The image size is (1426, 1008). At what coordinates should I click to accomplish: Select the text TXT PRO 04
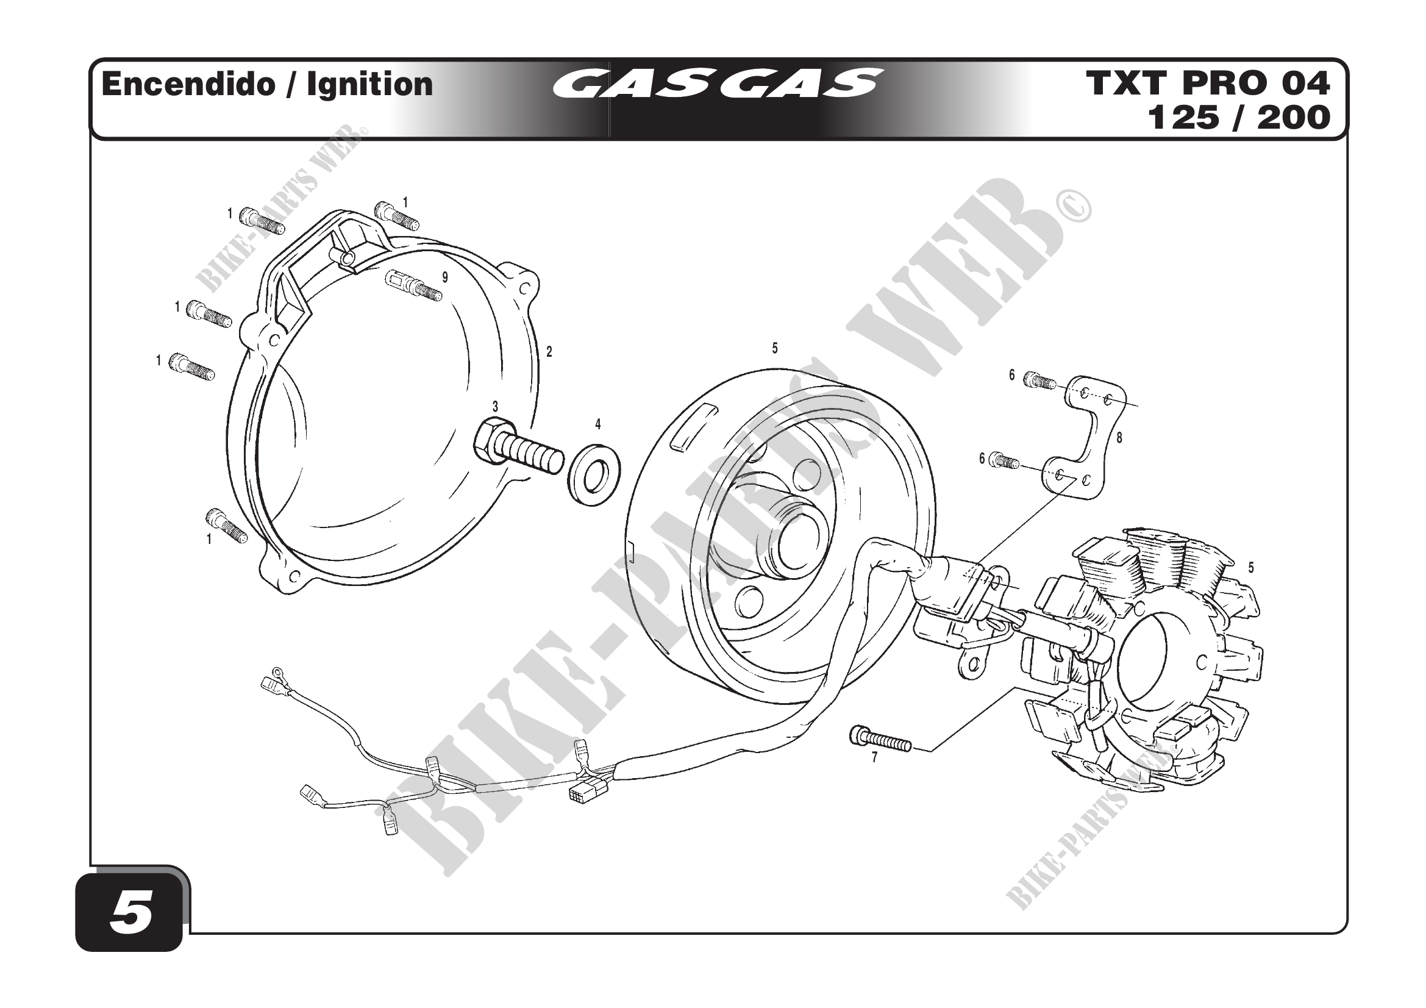(x=1207, y=83)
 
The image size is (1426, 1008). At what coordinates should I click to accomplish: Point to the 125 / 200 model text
(x=1238, y=117)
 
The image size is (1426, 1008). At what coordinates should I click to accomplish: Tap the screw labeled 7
(x=880, y=740)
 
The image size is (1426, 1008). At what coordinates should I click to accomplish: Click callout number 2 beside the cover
(x=549, y=351)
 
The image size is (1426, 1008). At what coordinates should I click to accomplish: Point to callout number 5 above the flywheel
(x=774, y=348)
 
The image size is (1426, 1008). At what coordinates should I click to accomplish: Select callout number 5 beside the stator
(x=1251, y=567)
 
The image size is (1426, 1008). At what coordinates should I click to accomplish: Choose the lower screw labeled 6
(x=1004, y=460)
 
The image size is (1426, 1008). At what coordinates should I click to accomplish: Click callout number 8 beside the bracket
(x=1119, y=438)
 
